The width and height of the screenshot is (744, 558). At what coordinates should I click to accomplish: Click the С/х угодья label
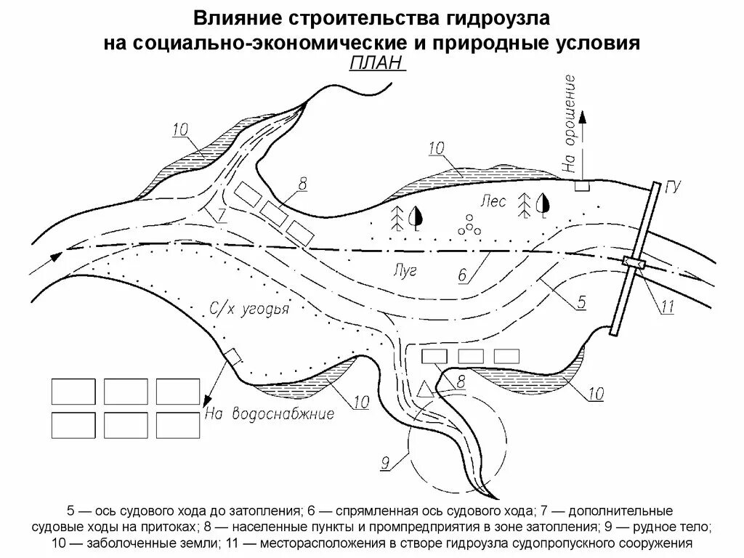coord(249,310)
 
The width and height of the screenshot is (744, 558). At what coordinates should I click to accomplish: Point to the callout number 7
coord(221,214)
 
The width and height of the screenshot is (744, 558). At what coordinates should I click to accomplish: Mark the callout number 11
coord(666,307)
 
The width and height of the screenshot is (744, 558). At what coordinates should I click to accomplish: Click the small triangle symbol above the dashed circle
coord(425,389)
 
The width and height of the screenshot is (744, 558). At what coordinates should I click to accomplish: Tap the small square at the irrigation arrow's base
coord(582,186)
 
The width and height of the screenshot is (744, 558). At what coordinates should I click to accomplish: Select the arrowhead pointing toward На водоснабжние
coord(207,400)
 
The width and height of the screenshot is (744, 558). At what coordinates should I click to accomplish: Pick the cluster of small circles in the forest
coord(470,226)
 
